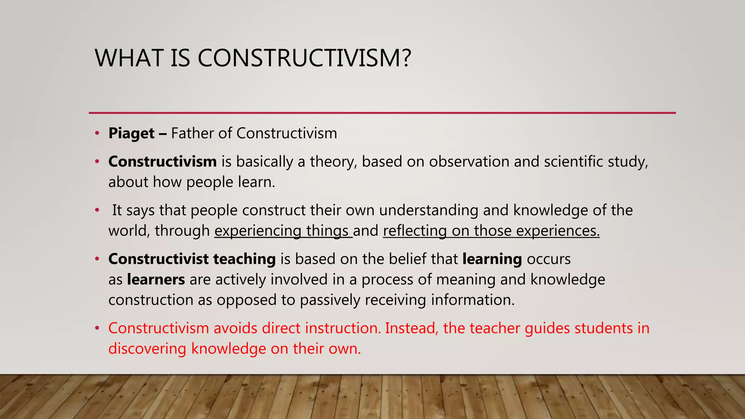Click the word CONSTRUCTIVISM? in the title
[304, 58]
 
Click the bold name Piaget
[131, 133]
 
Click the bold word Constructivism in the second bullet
[162, 161]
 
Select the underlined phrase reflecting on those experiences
[491, 231]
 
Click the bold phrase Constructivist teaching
[192, 259]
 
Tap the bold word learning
[492, 259]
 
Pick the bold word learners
[156, 279]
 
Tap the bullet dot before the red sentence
[97, 328]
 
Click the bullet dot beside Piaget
[97, 133]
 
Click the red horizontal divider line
[382, 113]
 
